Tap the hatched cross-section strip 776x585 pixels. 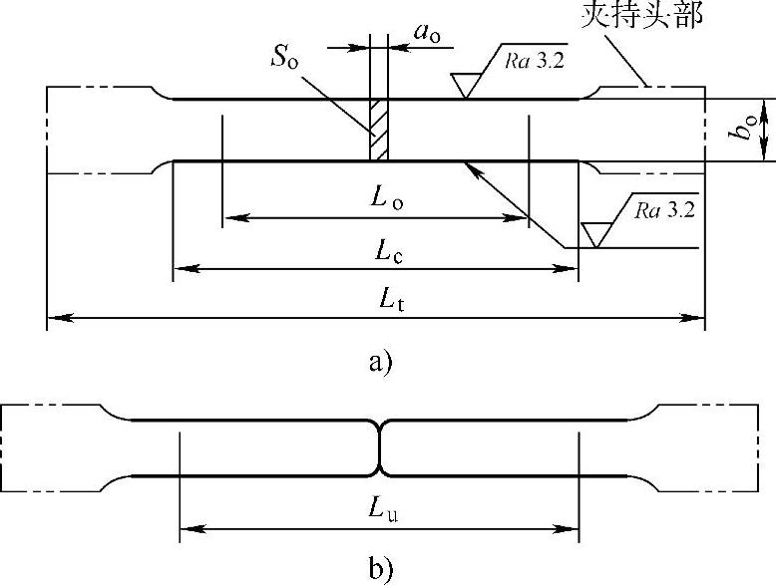point(378,129)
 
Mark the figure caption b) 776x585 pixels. point(382,570)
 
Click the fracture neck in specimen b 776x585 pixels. point(379,447)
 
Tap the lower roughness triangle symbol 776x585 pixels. point(596,234)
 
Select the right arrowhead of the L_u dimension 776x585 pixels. point(572,528)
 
